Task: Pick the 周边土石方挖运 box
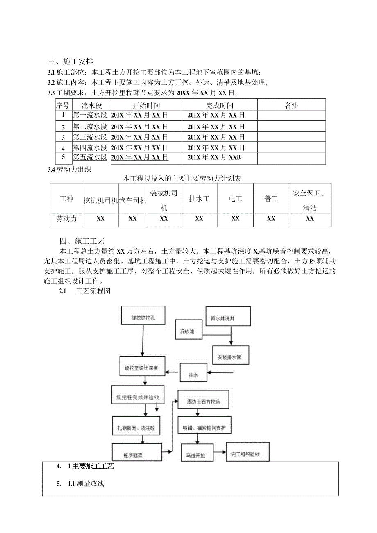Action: [x=203, y=402]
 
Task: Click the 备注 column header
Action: [x=291, y=105]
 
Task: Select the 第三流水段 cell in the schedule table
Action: [x=90, y=137]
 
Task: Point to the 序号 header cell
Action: [x=63, y=105]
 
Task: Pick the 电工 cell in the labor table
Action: [x=235, y=199]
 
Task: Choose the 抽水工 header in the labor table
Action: [x=199, y=199]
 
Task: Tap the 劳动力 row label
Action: [x=66, y=219]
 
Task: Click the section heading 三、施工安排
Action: [x=71, y=62]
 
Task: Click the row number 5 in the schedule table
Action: [x=63, y=156]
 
